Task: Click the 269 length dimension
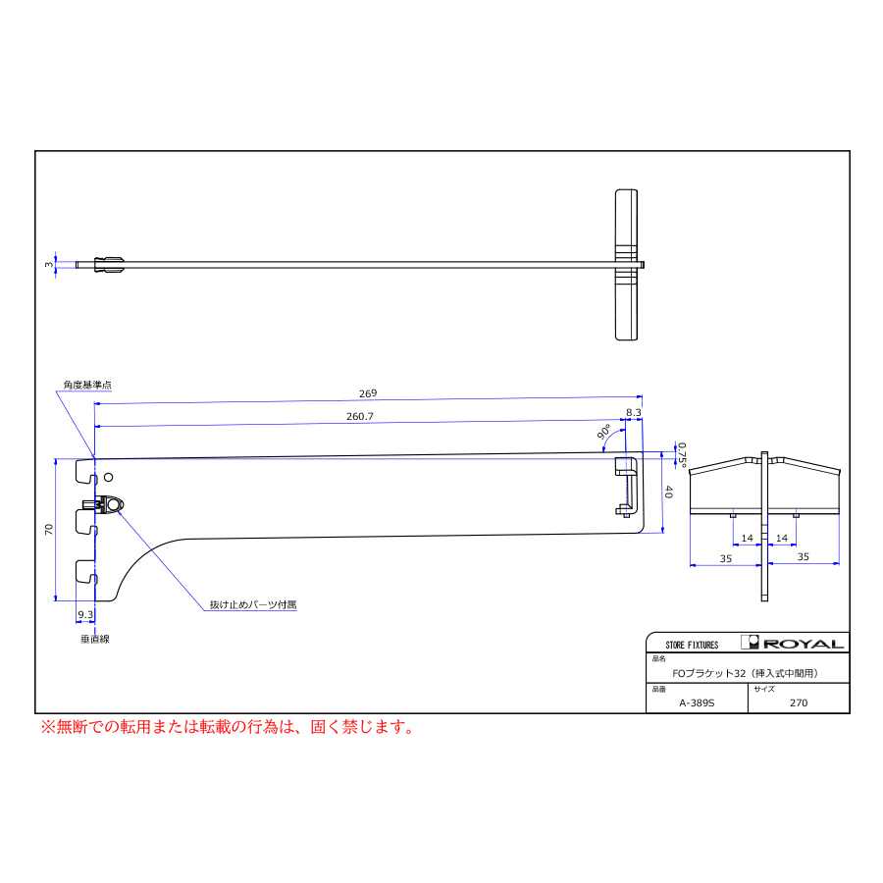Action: point(368,393)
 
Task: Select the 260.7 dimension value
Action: point(360,416)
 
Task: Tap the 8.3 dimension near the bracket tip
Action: point(634,412)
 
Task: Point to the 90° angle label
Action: point(603,432)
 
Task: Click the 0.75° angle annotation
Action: point(682,455)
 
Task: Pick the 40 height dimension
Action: point(668,492)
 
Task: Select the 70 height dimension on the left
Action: point(49,530)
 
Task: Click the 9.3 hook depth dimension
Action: point(85,614)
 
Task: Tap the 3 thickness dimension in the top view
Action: point(49,264)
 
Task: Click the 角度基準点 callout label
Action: point(87,385)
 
